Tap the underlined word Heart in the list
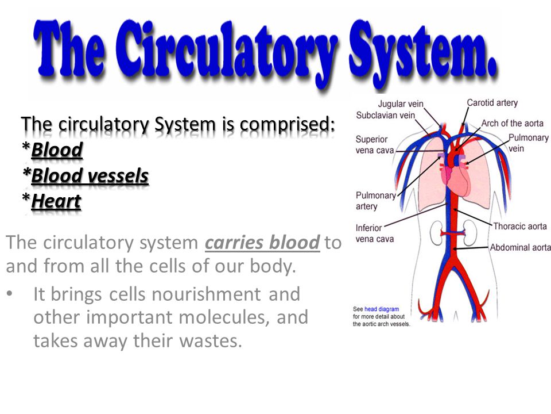point(56,201)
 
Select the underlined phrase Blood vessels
point(90,176)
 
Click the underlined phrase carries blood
point(262,243)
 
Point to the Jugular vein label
point(400,105)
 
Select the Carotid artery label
point(492,103)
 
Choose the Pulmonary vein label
point(528,143)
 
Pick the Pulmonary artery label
point(375,201)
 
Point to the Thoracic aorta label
point(519,227)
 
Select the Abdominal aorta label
point(520,248)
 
